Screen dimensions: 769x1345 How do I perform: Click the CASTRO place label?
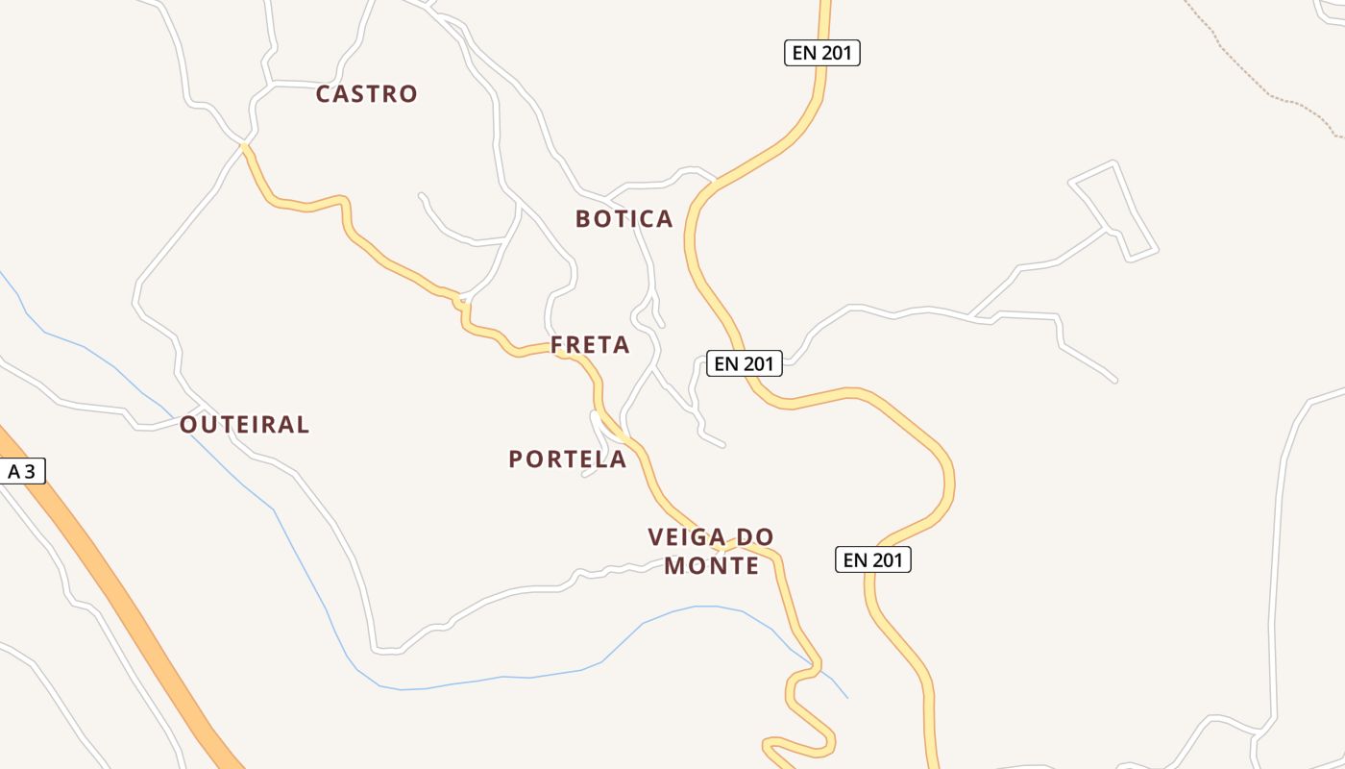366,94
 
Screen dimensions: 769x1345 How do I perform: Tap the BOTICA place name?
624,219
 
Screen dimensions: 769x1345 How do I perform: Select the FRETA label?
590,345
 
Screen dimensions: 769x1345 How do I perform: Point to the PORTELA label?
567,459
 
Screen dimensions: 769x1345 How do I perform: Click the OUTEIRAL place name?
244,425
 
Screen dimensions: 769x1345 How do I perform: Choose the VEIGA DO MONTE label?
711,551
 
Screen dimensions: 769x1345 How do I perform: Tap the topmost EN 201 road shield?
821,53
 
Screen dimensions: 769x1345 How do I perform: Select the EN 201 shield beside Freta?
745,363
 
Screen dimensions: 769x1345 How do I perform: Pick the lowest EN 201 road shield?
873,559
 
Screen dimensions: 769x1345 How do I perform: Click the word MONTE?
711,566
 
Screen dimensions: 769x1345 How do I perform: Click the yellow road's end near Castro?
246,146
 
